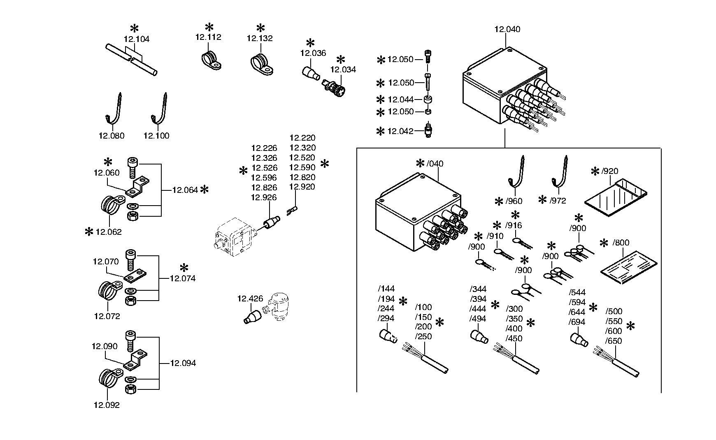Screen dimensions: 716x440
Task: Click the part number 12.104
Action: click(137, 39)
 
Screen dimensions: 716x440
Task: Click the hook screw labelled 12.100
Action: click(161, 108)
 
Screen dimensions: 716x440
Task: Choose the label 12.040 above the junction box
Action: click(507, 29)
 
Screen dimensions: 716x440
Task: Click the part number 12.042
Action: click(400, 131)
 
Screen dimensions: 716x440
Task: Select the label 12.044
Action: click(400, 100)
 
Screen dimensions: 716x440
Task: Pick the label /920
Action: click(610, 171)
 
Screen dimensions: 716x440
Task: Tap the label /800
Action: click(621, 243)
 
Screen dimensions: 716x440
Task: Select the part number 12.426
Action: click(250, 299)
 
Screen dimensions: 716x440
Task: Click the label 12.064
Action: click(185, 190)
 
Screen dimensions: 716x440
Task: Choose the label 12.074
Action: click(183, 278)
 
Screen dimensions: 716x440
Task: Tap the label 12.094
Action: click(183, 363)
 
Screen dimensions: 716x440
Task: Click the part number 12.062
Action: click(109, 232)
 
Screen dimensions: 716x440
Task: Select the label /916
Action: click(514, 225)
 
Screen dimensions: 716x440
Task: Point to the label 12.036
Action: click(313, 53)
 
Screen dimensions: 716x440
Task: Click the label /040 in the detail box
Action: click(435, 164)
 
